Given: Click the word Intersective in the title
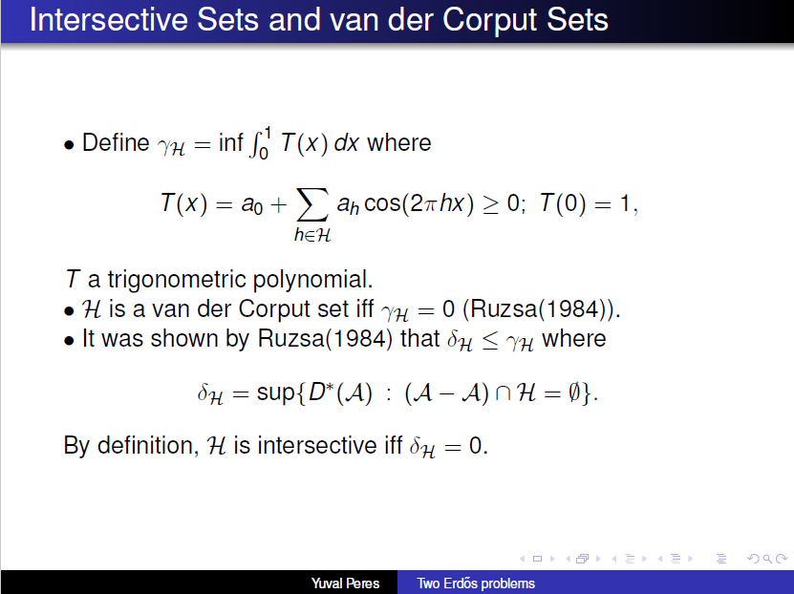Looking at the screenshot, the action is pos(109,20).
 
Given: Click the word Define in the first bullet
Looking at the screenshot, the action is pos(116,142).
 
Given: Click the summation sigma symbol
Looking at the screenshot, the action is pos(312,205).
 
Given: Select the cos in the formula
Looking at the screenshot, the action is pos(382,203).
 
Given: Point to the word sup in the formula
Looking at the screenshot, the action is pos(275,392).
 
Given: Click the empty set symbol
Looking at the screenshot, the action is pos(574,392).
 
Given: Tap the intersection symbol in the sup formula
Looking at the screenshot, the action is pos(503,394).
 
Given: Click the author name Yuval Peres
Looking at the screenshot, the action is pos(345,583).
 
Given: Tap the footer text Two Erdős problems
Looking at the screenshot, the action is pos(476,583).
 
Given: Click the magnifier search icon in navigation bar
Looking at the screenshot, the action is pos(767,559).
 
